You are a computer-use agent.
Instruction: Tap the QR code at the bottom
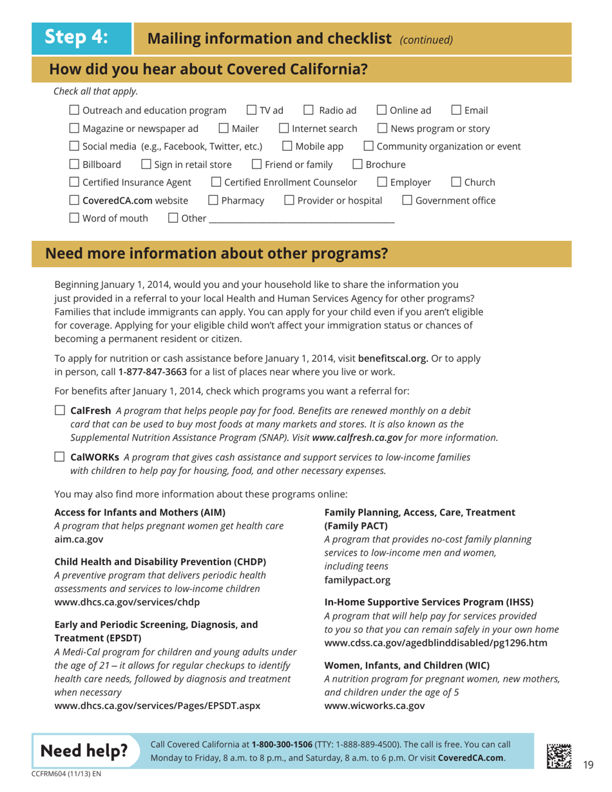(x=558, y=753)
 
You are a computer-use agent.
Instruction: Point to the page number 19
(x=588, y=764)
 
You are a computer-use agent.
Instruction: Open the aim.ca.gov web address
(x=76, y=539)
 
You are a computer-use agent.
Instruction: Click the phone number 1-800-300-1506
(x=282, y=744)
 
